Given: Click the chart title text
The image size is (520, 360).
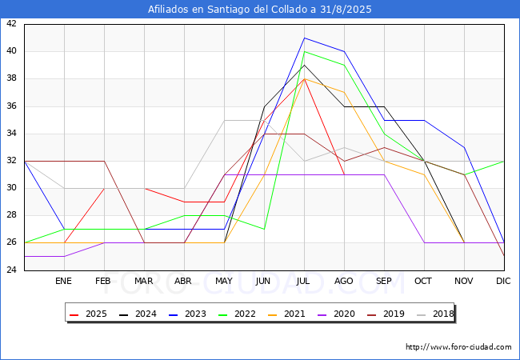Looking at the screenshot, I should point(260,10).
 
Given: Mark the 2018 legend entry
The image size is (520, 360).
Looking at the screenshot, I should point(436,314).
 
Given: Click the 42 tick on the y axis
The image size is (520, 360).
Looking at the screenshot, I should point(11,24).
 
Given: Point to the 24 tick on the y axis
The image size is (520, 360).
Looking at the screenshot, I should point(11,270).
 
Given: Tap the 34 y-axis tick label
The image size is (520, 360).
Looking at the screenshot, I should point(11,134).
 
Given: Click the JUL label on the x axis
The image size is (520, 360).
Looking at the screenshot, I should point(303,282).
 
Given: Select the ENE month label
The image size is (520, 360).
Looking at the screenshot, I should point(63,282).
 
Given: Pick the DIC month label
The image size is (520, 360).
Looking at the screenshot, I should point(503,282).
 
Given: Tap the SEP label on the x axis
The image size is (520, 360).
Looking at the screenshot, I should point(383,282).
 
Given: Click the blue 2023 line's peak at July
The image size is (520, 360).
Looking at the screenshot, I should point(304,38).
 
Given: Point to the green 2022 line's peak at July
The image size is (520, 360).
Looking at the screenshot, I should point(304,51).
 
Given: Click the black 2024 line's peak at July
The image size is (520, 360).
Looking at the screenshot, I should point(304,65).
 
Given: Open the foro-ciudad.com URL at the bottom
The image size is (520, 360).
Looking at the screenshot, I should point(458,347).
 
